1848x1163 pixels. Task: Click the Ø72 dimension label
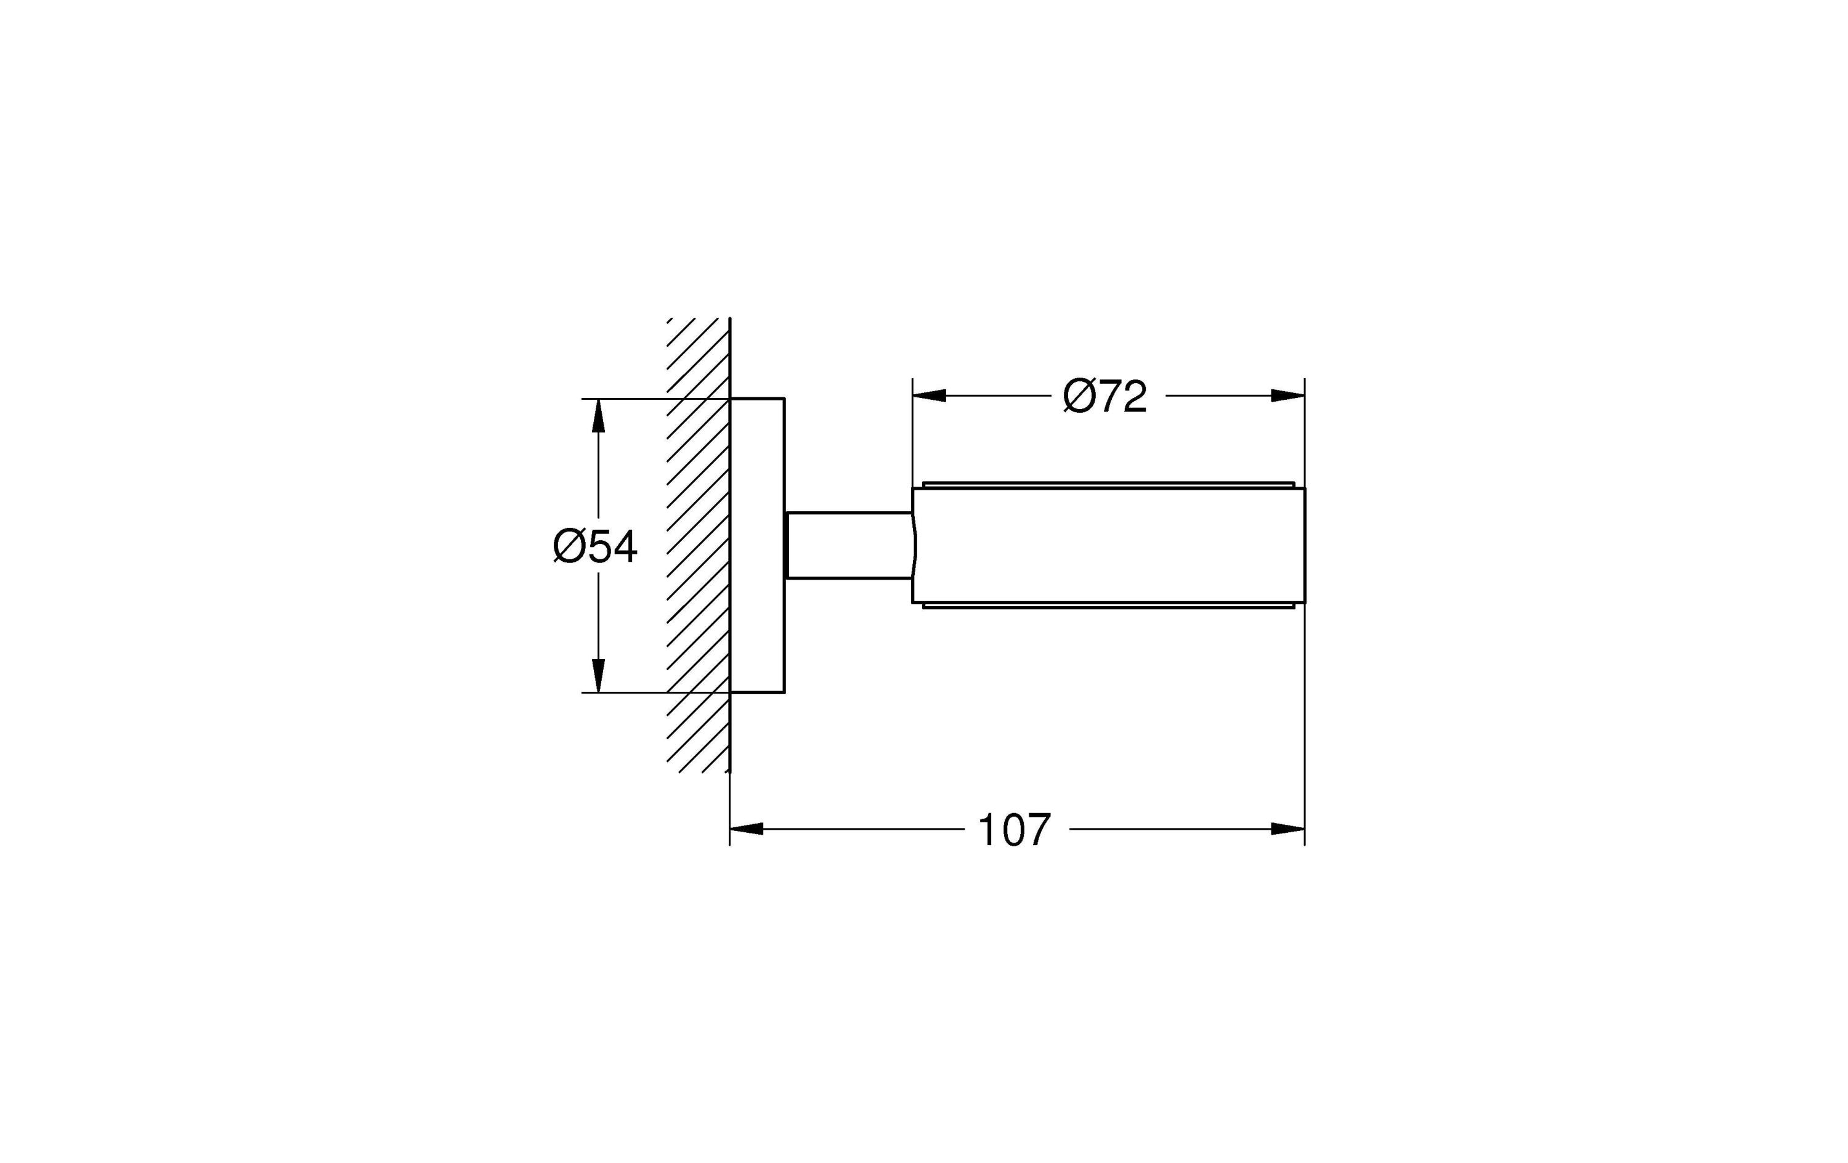(1105, 396)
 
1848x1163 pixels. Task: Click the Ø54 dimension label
(596, 546)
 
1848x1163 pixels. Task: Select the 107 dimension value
(1014, 830)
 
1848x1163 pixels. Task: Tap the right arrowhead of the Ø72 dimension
(1288, 396)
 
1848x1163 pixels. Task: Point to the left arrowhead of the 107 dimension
(747, 829)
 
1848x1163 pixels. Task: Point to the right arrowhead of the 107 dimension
(1288, 829)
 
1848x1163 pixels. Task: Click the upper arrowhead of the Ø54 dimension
(599, 416)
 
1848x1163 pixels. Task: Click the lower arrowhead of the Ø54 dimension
(599, 676)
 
